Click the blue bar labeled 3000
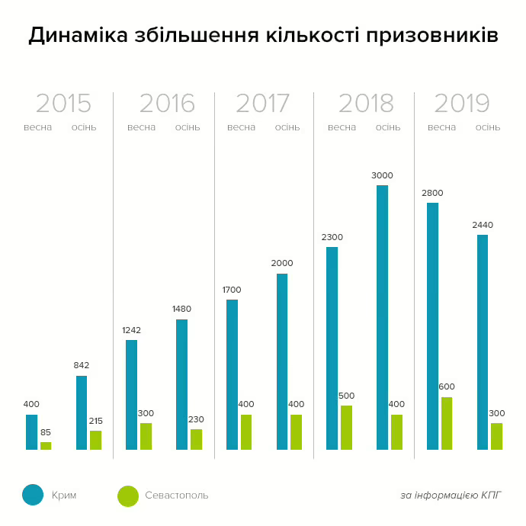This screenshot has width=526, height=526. point(382,317)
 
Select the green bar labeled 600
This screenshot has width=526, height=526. point(446,423)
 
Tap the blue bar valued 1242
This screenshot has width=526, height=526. point(131,395)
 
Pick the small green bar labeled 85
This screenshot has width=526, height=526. point(46,446)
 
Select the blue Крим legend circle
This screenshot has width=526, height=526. point(33,495)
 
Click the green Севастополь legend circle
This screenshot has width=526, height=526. point(128,496)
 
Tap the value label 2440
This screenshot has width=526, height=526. point(482,225)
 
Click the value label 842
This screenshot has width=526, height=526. point(82,365)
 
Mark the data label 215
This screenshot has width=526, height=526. point(95,421)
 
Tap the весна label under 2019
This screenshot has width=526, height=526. point(441,127)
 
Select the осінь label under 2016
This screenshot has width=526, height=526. point(188,127)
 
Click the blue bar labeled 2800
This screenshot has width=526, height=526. point(432,326)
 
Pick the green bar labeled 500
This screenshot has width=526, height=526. point(346,428)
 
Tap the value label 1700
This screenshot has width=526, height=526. point(232,290)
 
